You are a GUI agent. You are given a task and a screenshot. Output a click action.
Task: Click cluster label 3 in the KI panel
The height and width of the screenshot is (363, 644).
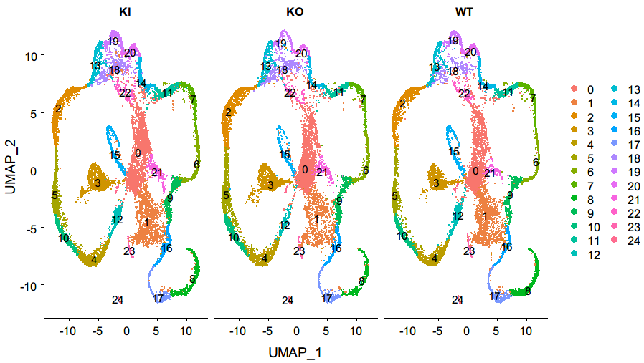pyautogui.click(x=98, y=184)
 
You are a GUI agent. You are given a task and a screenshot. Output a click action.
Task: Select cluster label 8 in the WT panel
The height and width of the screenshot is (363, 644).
pyautogui.click(x=528, y=291)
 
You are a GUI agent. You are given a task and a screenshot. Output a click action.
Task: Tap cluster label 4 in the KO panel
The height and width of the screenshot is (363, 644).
pyautogui.click(x=265, y=258)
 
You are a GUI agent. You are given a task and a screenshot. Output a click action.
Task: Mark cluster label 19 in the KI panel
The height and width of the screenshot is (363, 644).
pyautogui.click(x=113, y=42)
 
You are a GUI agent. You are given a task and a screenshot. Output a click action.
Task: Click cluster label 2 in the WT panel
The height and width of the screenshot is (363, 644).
pyautogui.click(x=403, y=105)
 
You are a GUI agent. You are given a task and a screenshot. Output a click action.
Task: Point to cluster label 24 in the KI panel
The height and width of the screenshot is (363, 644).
pyautogui.click(x=118, y=299)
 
